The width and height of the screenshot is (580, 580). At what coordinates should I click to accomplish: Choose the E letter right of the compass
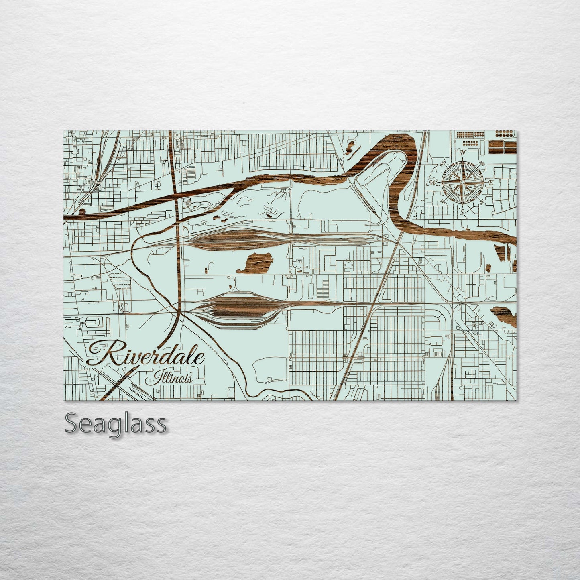[x=490, y=183]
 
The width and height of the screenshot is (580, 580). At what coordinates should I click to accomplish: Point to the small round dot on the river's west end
[x=82, y=211]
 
